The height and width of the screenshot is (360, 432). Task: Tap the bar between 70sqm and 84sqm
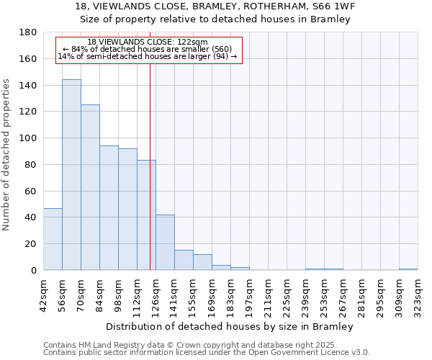(x=90, y=187)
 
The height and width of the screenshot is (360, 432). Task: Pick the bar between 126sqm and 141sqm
(x=165, y=243)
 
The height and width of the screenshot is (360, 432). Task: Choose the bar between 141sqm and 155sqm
(x=184, y=260)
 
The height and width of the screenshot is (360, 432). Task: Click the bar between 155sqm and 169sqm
(x=202, y=262)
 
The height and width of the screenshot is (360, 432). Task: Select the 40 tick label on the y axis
(x=32, y=217)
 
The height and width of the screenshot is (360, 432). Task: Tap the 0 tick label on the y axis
(x=35, y=271)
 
